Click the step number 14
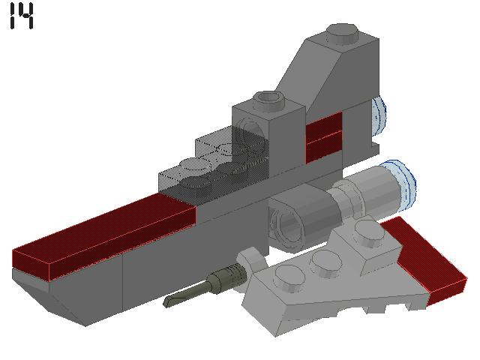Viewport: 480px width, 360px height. [22, 16]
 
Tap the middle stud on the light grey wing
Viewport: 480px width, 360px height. [324, 260]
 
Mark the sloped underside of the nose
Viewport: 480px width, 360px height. [52, 296]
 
